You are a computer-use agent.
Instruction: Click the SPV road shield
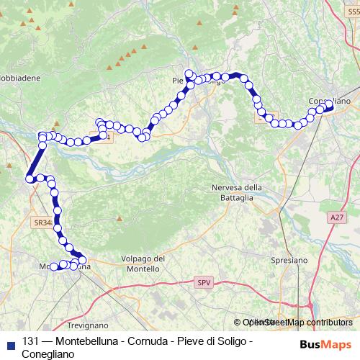point(204,284)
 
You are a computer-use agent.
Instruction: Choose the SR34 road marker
point(42,223)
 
